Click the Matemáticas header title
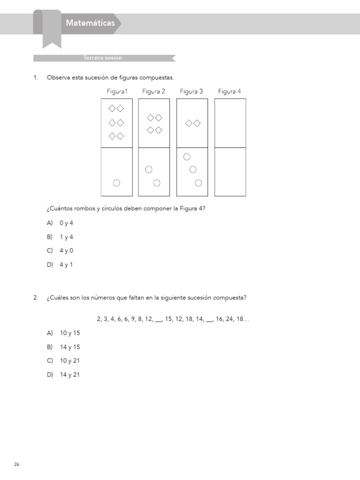[x=90, y=22]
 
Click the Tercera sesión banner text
[x=103, y=58]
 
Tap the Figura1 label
[x=117, y=91]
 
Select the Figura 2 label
[x=154, y=91]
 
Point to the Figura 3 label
[x=191, y=91]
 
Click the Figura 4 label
[x=230, y=91]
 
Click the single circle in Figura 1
[x=116, y=183]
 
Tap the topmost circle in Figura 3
[x=187, y=157]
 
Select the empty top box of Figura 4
[x=230, y=123]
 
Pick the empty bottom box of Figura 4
[x=230, y=172]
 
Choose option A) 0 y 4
[x=60, y=223]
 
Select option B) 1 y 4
[x=60, y=237]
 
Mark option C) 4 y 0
[x=60, y=251]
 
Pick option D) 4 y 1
[x=60, y=265]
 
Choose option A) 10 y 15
[x=63, y=333]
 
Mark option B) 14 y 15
[x=63, y=347]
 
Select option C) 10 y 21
[x=63, y=361]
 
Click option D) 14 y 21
[x=63, y=375]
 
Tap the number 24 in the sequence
[x=231, y=319]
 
